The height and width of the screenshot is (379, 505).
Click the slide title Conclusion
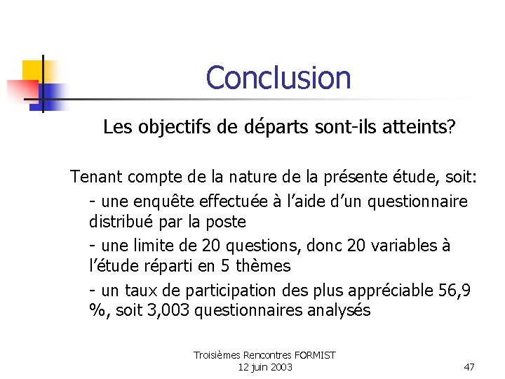(278, 78)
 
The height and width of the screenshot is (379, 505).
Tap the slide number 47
(469, 367)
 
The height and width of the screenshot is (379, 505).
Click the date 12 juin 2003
(265, 367)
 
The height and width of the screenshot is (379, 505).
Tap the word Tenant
(95, 178)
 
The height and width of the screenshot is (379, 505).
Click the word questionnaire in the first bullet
(415, 201)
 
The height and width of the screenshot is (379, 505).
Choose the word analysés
(339, 310)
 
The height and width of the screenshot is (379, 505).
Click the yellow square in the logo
(32, 69)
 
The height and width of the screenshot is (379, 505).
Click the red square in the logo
(21, 90)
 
